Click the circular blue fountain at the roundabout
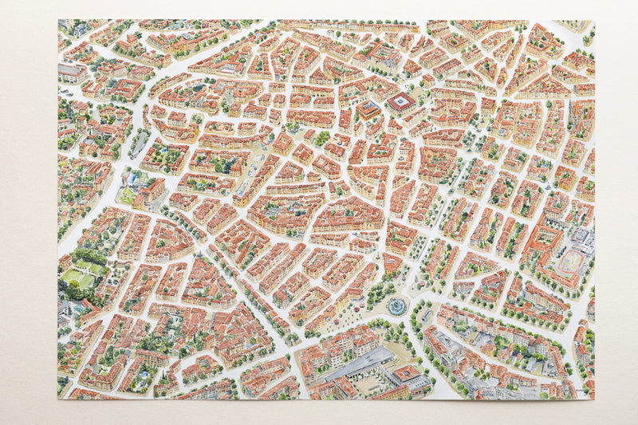(x=396, y=305)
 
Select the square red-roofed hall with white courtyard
(x=401, y=102)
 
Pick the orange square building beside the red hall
(x=368, y=109)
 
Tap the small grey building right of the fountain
(x=427, y=315)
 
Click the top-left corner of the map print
(x=58, y=20)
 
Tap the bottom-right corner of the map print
(x=595, y=399)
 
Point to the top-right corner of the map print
(x=595, y=21)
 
